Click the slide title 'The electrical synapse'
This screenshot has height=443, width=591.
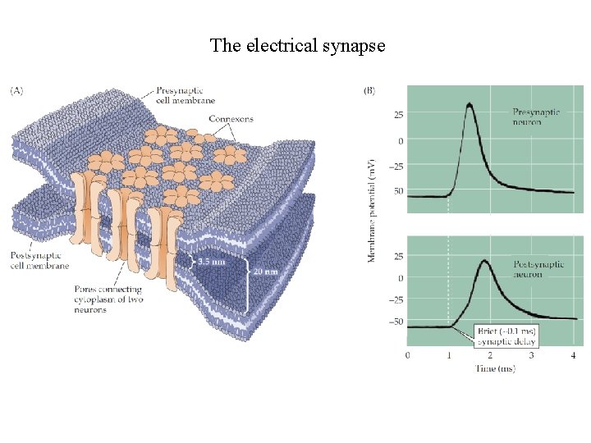coord(297,45)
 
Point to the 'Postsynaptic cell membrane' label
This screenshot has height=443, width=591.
coord(39,260)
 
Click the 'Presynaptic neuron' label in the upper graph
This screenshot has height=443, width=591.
coord(537,116)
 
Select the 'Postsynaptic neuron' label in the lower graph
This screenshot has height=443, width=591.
coord(539,269)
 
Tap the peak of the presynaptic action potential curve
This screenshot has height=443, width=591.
coord(469,104)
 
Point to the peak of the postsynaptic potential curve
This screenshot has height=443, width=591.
coord(484,261)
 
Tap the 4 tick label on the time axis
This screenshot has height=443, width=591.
coord(572,355)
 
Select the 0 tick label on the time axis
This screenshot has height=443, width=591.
coord(409,355)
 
